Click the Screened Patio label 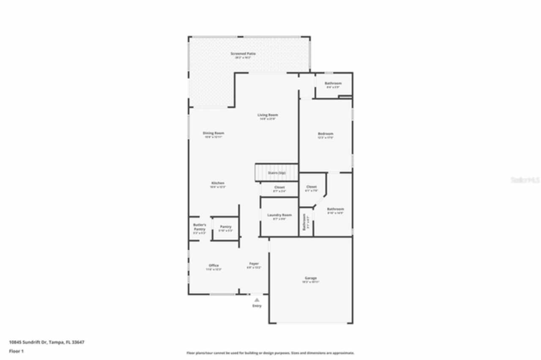[243, 54]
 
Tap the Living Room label [268, 115]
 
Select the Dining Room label [213, 133]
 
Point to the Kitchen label [218, 183]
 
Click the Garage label [311, 278]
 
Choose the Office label [214, 265]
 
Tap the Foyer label [254, 264]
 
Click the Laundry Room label [279, 215]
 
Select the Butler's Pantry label [199, 227]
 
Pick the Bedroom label [325, 134]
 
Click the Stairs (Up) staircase [276, 173]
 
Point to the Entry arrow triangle [257, 300]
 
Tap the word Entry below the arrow [257, 305]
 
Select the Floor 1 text [16, 351]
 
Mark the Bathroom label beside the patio [333, 83]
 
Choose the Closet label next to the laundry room [279, 187]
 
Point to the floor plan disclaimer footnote [270, 353]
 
